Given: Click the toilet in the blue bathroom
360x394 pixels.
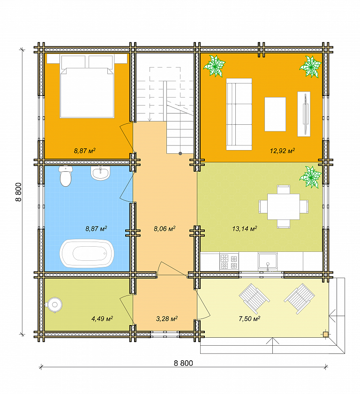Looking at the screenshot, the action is click(66, 176).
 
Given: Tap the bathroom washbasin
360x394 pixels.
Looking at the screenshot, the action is click(100, 173).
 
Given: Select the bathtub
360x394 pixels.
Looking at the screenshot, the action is click(87, 253).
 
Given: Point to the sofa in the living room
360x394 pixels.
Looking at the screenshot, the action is click(239, 114).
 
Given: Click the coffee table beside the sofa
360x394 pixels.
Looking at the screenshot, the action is click(275, 114).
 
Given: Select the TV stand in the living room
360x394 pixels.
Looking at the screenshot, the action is click(304, 114).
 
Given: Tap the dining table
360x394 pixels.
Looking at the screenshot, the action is click(284, 206).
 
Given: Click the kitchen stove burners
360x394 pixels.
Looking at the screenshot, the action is click(229, 262).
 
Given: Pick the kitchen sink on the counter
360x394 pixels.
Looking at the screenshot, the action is click(268, 262).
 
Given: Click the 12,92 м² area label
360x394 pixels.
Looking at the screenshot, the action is click(283, 151).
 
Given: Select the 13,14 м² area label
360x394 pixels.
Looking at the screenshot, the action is click(245, 229).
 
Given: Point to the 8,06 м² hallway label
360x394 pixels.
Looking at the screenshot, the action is click(165, 229).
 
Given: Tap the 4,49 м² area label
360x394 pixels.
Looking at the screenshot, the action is click(102, 319).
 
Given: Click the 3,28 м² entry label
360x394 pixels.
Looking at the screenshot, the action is click(167, 319).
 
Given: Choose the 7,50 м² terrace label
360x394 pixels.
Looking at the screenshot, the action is click(249, 319).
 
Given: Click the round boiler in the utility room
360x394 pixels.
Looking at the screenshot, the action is click(54, 305).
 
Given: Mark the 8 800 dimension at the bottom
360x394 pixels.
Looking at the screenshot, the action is click(183, 363).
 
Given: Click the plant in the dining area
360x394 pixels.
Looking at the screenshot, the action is click(310, 177).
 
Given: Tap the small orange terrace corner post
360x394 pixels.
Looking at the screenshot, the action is click(326, 334).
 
